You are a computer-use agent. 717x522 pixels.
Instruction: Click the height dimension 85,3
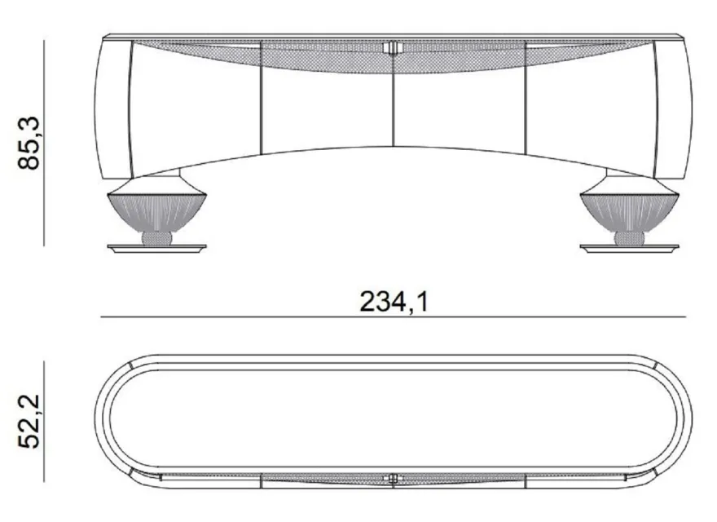tap(29, 144)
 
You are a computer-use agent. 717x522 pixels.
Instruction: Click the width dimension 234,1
tap(394, 302)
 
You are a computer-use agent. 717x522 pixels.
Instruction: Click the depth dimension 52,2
tap(29, 421)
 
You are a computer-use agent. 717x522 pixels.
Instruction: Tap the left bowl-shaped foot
tap(156, 212)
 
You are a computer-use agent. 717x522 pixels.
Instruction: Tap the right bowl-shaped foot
tap(629, 212)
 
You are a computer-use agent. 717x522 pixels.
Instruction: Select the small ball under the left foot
tap(156, 238)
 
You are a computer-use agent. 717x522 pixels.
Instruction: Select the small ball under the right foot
tap(629, 238)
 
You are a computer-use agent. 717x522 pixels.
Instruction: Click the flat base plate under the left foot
tap(156, 249)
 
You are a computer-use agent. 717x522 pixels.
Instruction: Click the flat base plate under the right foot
tap(629, 249)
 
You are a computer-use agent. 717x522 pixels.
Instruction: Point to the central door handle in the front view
tap(394, 47)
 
